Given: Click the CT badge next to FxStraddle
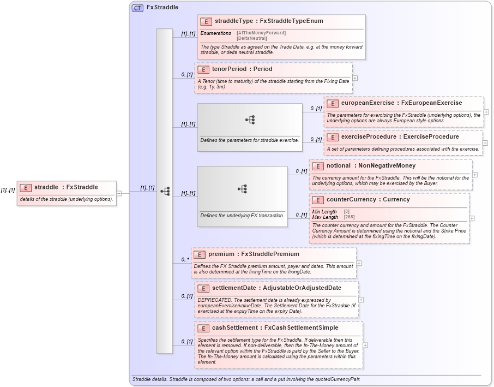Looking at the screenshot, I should pos(138,8).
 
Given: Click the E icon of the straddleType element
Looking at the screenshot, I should pos(206,22).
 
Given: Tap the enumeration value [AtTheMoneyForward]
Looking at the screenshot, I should pos(261,33).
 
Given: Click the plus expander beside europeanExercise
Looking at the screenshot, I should pos(486,112).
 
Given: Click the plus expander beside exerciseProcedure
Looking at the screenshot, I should pos(485,143).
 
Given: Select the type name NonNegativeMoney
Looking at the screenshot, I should pos(387,165).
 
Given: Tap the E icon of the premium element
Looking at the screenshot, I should pos(200,254).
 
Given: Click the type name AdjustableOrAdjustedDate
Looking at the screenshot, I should pos(302,288).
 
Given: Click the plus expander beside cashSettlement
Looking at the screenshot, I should pos(365,345).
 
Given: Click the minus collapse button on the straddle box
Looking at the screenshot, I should pos(118,192).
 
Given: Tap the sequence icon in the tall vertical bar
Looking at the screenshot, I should pos(165,192).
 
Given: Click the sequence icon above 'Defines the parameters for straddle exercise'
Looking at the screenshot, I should pos(250,120).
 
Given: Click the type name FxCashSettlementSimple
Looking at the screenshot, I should pos(301,328).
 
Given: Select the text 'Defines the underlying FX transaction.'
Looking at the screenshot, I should pos(242,216).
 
